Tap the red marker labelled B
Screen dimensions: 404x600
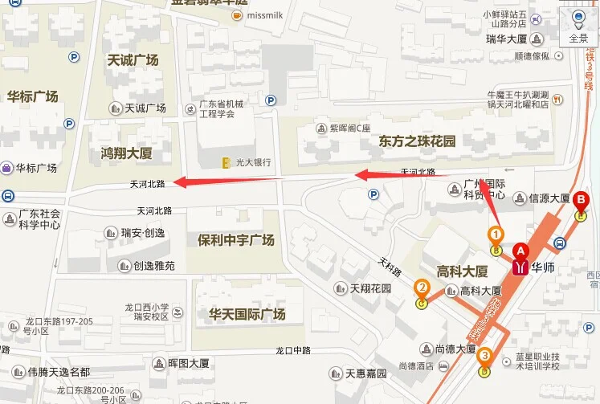(581, 201)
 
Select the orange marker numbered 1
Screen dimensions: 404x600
(496, 235)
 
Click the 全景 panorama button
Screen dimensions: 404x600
(578, 26)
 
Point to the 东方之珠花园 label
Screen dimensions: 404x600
(417, 141)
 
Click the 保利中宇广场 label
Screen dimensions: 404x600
(235, 240)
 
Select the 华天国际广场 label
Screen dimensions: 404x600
(247, 314)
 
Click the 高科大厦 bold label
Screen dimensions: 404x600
(462, 271)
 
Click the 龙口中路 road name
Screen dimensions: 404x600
(292, 350)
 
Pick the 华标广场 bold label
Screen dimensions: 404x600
(32, 96)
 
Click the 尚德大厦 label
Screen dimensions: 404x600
(455, 349)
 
